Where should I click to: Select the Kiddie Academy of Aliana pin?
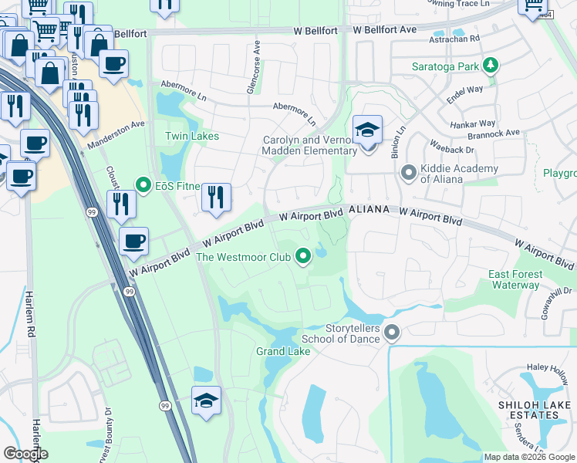[409, 173]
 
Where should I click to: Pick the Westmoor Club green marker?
[303, 256]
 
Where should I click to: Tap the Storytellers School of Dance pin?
[392, 333]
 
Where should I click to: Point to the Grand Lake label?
[283, 352]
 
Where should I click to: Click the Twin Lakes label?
[192, 137]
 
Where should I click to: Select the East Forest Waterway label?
[515, 280]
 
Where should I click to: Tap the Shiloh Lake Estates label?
[528, 410]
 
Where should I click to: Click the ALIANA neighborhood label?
[371, 210]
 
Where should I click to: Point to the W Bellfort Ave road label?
[385, 29]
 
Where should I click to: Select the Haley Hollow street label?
[547, 368]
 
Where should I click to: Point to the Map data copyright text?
[529, 457]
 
